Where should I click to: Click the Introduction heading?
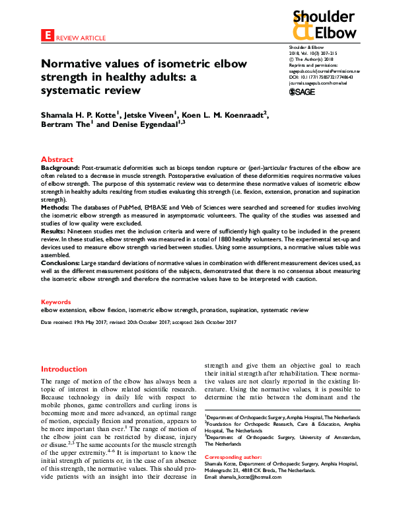coord(64,369)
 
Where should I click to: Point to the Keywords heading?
coord(56,300)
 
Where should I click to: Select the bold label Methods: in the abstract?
coord(57,208)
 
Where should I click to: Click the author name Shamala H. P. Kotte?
coord(84,114)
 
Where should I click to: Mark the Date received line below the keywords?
coord(139,322)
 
